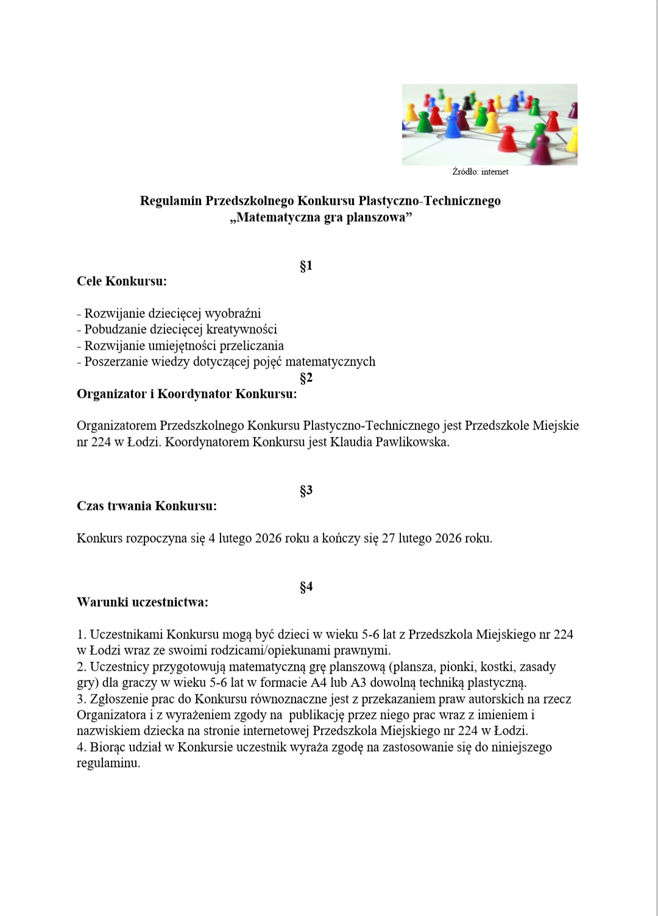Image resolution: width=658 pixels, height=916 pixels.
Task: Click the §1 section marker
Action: coord(306,266)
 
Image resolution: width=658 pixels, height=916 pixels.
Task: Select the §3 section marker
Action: coord(306,490)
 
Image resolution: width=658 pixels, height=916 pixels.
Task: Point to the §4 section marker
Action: coord(306,587)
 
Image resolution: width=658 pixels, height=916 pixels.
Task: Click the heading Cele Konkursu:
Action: coord(122,281)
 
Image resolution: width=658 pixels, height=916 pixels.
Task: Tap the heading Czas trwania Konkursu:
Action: coord(147,506)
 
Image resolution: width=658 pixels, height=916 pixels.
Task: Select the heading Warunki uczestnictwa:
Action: coord(143,602)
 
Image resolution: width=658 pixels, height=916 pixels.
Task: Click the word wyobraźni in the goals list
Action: coord(233,314)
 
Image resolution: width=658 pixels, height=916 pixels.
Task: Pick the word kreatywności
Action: coord(242,329)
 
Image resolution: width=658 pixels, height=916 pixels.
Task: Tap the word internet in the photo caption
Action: coord(495,172)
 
